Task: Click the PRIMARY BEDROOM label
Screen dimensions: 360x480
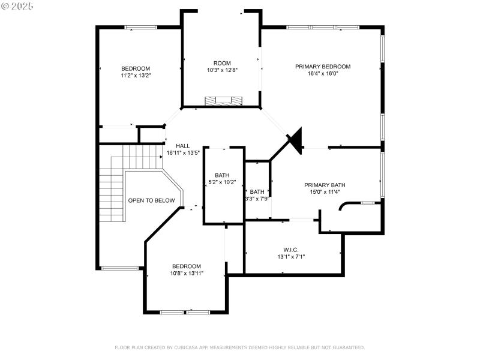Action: [x=322, y=67]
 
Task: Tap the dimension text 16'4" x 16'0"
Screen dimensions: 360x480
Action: [x=322, y=74]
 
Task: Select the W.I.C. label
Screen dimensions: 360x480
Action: [x=291, y=250]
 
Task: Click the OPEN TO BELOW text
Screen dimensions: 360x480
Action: [x=151, y=201]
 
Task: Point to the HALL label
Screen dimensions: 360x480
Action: [x=182, y=146]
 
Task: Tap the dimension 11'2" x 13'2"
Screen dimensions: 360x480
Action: [x=136, y=76]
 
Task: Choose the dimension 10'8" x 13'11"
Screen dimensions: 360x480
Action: [x=187, y=274]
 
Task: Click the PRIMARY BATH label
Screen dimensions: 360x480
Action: [x=325, y=185]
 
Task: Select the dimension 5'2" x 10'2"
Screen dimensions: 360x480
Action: [x=222, y=182]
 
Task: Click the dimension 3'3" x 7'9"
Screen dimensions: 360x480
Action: [x=256, y=199]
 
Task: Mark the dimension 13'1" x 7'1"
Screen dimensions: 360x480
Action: [x=291, y=257]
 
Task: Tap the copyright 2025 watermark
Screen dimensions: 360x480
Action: [x=18, y=5]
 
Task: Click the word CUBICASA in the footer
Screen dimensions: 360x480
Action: [x=191, y=347]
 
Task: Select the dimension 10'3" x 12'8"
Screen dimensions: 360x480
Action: [x=222, y=70]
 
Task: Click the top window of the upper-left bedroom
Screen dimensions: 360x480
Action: [x=141, y=27]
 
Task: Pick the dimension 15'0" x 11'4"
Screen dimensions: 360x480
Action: [x=325, y=193]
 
